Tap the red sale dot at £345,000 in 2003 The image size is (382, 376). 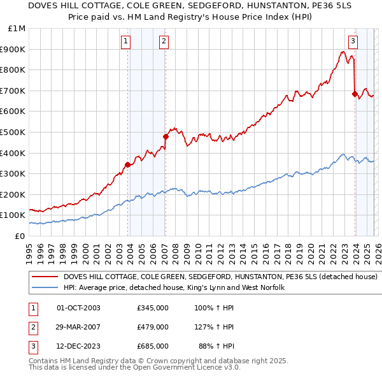coord(128,164)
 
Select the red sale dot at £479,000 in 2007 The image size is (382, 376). coord(166,136)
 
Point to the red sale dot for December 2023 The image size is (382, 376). coord(354,94)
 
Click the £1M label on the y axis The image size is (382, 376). coord(17,29)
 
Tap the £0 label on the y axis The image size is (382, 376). coord(20,236)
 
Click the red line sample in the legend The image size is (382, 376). coord(45,277)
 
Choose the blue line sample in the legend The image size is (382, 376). coord(45,288)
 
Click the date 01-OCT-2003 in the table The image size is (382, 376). coord(78,308)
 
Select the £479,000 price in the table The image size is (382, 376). coord(152,327)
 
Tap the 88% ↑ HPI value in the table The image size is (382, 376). coord(220,346)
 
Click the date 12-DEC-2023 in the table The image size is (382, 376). coord(78,346)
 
